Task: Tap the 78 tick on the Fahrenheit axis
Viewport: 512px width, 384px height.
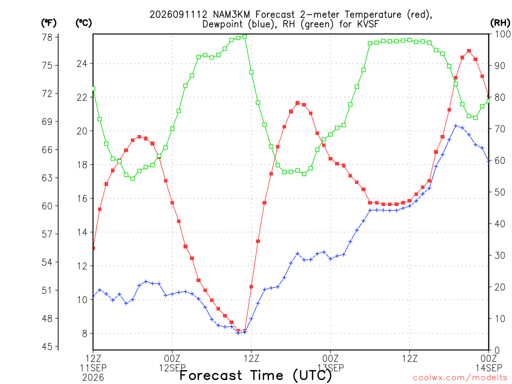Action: [47, 37]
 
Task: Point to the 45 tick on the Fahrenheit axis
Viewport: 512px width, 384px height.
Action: [47, 346]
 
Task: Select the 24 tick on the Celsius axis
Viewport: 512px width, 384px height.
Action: [82, 63]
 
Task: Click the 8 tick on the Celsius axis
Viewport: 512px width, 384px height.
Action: [84, 333]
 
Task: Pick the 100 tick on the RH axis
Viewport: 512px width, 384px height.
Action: [503, 34]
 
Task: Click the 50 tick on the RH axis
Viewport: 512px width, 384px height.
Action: [500, 192]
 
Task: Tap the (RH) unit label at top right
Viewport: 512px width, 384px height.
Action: [500, 23]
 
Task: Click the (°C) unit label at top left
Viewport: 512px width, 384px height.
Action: [83, 23]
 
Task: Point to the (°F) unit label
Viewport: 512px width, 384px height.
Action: [48, 23]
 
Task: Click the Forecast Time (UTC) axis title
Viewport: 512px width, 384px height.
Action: [255, 375]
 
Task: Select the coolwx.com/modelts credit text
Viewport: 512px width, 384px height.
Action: [461, 378]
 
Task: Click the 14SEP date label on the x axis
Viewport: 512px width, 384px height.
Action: [488, 368]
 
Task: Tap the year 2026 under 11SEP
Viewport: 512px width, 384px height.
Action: [93, 378]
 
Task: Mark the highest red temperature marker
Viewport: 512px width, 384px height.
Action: [469, 51]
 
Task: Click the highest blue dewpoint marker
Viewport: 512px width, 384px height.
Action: [456, 125]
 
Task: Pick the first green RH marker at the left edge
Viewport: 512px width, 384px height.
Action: [93, 88]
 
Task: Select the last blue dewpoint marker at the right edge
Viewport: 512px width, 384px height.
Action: [488, 160]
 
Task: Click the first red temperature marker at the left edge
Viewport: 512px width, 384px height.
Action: [93, 248]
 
